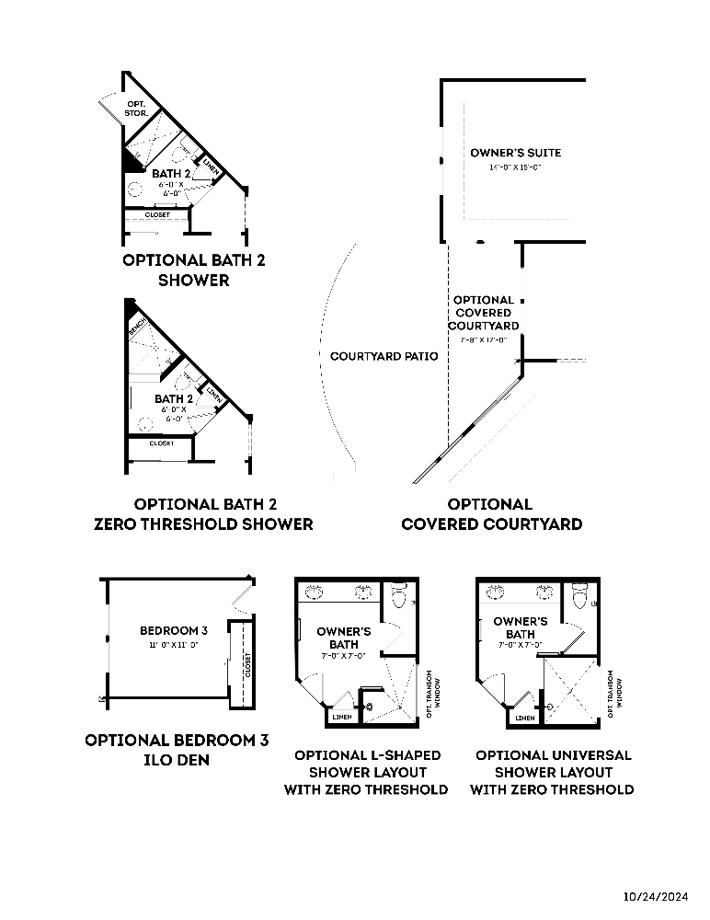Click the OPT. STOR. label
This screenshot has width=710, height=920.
(x=137, y=109)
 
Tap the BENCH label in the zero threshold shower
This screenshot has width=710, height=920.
(x=138, y=327)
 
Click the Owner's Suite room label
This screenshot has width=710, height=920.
(x=515, y=153)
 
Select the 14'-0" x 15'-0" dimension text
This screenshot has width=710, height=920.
(x=515, y=168)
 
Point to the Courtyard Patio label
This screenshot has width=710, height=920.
(x=384, y=356)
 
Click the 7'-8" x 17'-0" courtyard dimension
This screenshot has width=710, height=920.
(x=483, y=340)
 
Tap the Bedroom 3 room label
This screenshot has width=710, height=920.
(x=173, y=630)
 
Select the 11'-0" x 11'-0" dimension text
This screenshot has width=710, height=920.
(x=173, y=645)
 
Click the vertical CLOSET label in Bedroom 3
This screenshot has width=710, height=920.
(x=247, y=664)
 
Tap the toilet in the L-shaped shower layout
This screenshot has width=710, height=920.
(x=398, y=599)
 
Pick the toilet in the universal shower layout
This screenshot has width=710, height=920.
(x=579, y=599)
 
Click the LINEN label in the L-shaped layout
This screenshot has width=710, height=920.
(x=341, y=717)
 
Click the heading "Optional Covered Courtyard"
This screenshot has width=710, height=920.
(x=490, y=514)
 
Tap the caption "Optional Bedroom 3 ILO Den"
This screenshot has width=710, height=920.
(x=177, y=750)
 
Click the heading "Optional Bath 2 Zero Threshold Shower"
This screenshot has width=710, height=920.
(x=203, y=514)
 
